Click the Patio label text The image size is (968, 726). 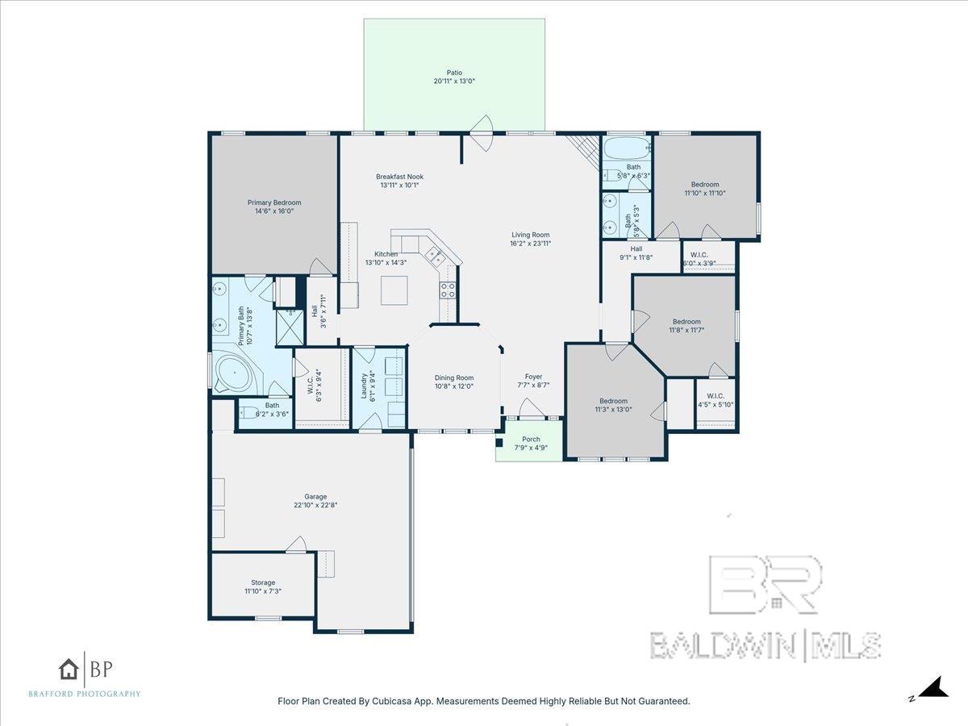[x=454, y=73]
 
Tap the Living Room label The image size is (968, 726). [x=531, y=235]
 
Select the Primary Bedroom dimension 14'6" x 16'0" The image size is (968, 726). [x=274, y=211]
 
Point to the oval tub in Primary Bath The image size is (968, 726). [x=235, y=373]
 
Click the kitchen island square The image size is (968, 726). [x=394, y=290]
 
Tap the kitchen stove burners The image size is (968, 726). [x=447, y=290]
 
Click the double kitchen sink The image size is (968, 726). [x=434, y=257]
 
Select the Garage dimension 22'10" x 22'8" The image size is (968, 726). [x=315, y=505]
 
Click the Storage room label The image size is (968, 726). [x=263, y=582]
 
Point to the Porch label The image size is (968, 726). [x=531, y=440]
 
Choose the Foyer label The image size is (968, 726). [x=533, y=377]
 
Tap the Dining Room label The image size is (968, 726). [x=454, y=378]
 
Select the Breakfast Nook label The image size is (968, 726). [x=399, y=177]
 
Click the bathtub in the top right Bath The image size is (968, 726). [x=627, y=148]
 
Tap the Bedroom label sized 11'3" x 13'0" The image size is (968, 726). [x=613, y=401]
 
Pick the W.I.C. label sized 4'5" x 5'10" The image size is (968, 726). [x=716, y=396]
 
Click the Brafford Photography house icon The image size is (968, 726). [x=69, y=670]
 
